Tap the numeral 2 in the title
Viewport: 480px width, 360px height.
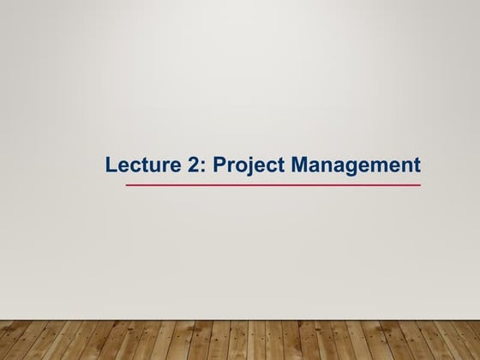click(189, 165)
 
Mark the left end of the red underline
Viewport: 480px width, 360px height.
click(127, 184)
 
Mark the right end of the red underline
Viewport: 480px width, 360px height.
click(420, 184)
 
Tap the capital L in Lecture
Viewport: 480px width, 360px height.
click(111, 165)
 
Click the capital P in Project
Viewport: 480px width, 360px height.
click(218, 165)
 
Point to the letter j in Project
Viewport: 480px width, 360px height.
click(247, 165)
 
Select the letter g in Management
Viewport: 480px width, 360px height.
click(348, 167)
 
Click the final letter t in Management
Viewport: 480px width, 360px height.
click(417, 165)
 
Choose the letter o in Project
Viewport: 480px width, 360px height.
click(237, 166)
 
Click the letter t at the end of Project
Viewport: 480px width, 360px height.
click(273, 165)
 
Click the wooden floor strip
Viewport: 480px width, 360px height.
click(240, 339)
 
